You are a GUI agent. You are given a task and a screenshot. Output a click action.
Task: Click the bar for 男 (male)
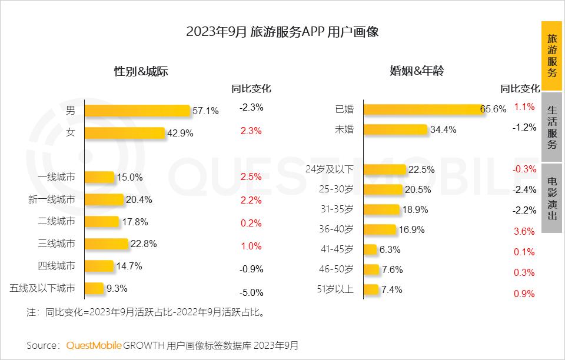pyautogui.click(x=137, y=111)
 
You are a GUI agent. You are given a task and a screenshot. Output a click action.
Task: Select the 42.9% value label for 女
pyautogui.click(x=180, y=133)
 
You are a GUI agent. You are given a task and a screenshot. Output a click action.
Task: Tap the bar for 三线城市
pyautogui.click(x=107, y=244)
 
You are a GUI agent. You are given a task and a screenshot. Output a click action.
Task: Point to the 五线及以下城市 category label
pyautogui.click(x=43, y=288)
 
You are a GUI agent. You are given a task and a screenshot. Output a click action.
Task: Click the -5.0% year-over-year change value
pyautogui.click(x=251, y=292)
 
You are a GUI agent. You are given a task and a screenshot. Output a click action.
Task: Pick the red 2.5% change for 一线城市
pyautogui.click(x=251, y=176)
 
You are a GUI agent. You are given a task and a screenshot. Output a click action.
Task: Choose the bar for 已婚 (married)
pyautogui.click(x=423, y=109)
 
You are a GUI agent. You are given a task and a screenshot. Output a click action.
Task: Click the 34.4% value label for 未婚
pyautogui.click(x=443, y=130)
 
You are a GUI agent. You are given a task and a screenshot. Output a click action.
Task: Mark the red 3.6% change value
pyautogui.click(x=524, y=231)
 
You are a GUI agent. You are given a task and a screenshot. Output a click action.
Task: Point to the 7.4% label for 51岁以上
pyautogui.click(x=391, y=289)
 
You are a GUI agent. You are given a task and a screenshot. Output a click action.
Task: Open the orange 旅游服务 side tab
pyautogui.click(x=551, y=56)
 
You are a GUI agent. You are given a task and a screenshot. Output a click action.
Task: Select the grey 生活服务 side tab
pyautogui.click(x=551, y=127)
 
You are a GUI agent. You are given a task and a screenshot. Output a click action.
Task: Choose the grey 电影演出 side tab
pyautogui.click(x=551, y=198)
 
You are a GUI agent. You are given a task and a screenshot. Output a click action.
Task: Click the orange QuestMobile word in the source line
pyautogui.click(x=94, y=345)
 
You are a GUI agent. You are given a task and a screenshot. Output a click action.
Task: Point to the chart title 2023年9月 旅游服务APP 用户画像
pyautogui.click(x=282, y=32)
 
